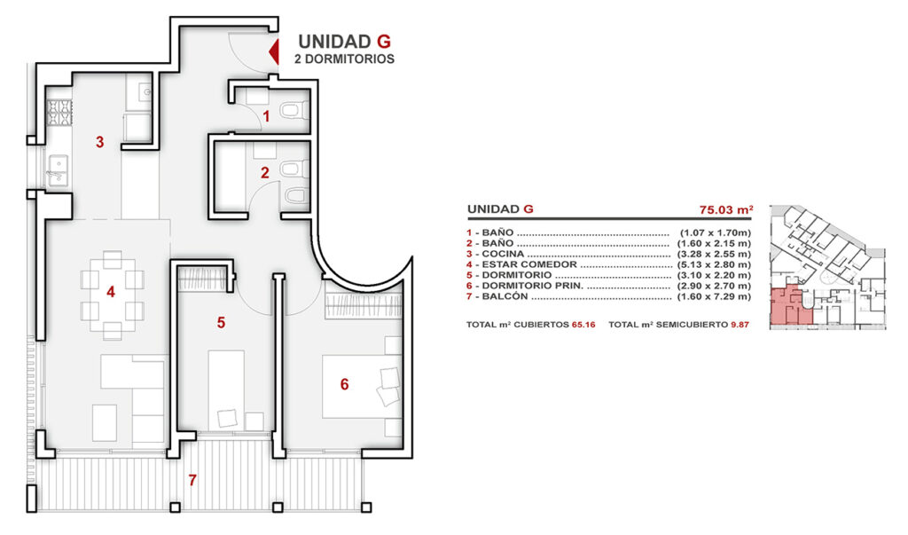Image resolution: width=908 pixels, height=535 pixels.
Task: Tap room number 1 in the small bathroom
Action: (x=266, y=116)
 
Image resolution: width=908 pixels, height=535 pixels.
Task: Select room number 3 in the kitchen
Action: (x=99, y=142)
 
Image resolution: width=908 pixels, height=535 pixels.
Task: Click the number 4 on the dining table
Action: (x=111, y=292)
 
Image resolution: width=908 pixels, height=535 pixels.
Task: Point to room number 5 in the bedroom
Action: (x=221, y=323)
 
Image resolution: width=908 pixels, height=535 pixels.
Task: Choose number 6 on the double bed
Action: (x=345, y=384)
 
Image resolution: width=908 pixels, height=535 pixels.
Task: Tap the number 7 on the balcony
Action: (x=192, y=481)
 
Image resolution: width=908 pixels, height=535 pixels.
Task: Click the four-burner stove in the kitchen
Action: (x=59, y=113)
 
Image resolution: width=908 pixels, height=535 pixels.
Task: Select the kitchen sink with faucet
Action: (x=58, y=170)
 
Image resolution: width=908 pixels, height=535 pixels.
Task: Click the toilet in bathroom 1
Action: (x=294, y=109)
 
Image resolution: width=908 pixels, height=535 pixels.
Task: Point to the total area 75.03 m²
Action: (x=726, y=209)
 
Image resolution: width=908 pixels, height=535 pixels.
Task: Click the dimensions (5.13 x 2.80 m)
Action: (x=714, y=264)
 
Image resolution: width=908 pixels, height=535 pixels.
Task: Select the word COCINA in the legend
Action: (x=503, y=254)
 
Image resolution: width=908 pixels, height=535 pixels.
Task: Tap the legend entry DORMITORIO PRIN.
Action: (x=533, y=286)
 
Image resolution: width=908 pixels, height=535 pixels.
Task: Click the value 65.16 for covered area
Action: (x=583, y=325)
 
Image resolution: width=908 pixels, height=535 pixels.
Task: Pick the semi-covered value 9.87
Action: (x=740, y=325)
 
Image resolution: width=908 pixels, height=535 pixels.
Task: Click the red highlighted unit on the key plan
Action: (x=789, y=305)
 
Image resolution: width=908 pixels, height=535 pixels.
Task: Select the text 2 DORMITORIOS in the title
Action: (x=345, y=59)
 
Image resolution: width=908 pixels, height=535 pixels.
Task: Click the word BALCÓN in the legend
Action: (x=505, y=296)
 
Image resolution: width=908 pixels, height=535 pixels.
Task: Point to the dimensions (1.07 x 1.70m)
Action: (x=716, y=233)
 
